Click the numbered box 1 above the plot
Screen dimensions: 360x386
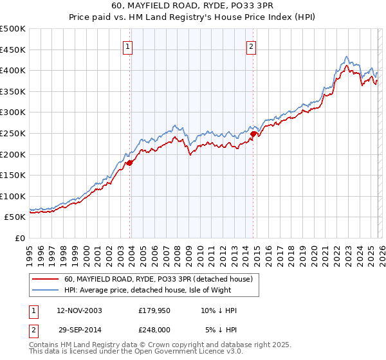129,46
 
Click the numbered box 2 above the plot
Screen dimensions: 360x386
251,46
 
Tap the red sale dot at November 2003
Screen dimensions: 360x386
129,163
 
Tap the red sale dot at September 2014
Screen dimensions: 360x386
253,134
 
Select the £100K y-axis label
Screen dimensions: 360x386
14,196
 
